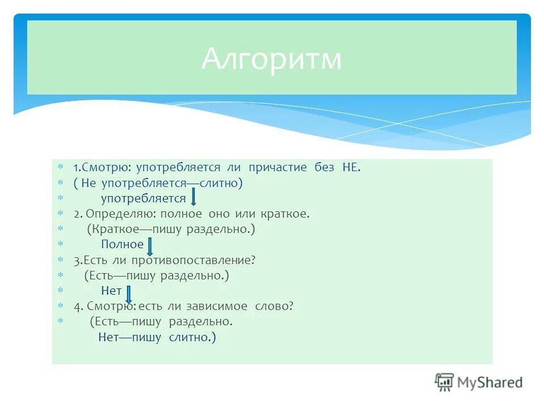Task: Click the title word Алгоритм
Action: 271,59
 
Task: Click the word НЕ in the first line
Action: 350,168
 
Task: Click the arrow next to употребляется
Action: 193,198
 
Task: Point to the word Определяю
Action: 123,214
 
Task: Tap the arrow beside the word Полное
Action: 150,246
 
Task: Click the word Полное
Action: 122,245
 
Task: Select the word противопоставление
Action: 194,260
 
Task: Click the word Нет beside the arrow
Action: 111,291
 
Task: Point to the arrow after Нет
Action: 129,294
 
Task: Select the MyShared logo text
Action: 490,382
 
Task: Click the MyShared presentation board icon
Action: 445,382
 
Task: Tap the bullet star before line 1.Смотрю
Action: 61,168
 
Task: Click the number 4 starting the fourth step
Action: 76,307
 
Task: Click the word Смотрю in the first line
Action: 105,168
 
